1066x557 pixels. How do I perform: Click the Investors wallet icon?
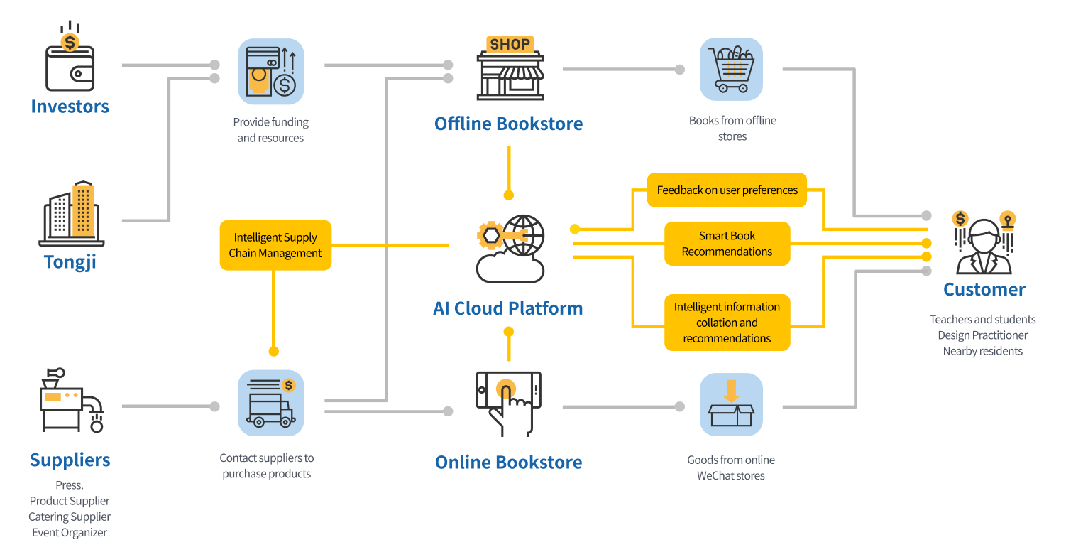70,63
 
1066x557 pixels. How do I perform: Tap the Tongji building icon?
71,214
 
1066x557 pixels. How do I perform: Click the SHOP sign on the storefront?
510,45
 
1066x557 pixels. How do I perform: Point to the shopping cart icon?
731,70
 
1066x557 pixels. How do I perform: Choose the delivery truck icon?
270,403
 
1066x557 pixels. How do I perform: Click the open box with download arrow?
731,404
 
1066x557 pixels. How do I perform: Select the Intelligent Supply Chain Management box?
275,245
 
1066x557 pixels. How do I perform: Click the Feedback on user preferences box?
727,190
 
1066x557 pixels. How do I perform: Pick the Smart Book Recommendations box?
727,244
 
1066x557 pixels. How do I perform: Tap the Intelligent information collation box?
727,323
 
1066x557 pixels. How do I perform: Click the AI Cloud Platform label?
508,308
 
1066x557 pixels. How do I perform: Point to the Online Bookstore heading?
508,463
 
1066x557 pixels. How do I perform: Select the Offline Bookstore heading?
508,124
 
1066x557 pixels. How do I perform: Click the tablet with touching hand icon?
508,401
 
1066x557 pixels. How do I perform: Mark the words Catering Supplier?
70,517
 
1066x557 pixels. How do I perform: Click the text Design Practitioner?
982,335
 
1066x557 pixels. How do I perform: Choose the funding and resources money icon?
270,71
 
